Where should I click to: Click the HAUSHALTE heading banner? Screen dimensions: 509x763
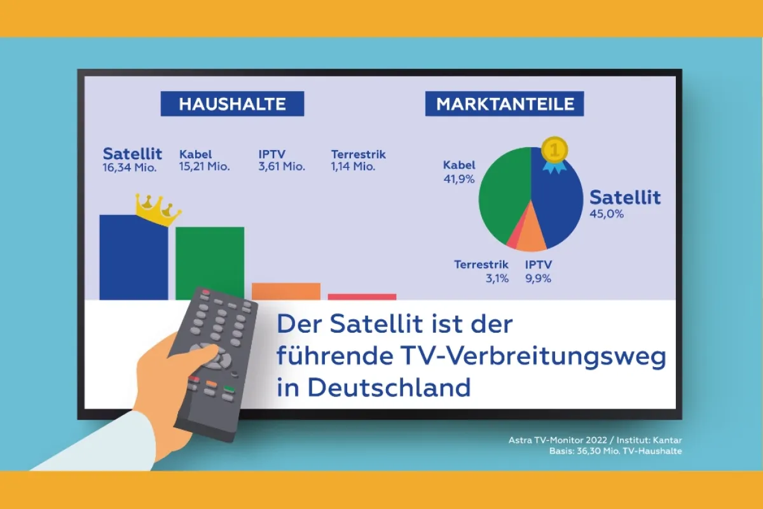(232, 104)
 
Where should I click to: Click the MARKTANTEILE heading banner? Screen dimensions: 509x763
(504, 104)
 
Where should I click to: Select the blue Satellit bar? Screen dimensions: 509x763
(134, 258)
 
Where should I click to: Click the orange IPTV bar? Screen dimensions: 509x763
(286, 291)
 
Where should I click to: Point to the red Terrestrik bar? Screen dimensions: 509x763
(362, 296)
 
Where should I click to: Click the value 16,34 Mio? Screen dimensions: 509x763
(130, 167)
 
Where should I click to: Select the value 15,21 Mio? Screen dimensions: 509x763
(204, 167)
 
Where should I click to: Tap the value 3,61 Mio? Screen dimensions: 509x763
(282, 167)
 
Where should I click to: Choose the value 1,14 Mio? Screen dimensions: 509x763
(354, 167)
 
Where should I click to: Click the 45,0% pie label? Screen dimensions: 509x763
(607, 214)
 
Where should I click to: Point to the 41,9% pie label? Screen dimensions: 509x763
(459, 179)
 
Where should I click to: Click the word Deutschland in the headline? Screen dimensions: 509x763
(388, 387)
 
